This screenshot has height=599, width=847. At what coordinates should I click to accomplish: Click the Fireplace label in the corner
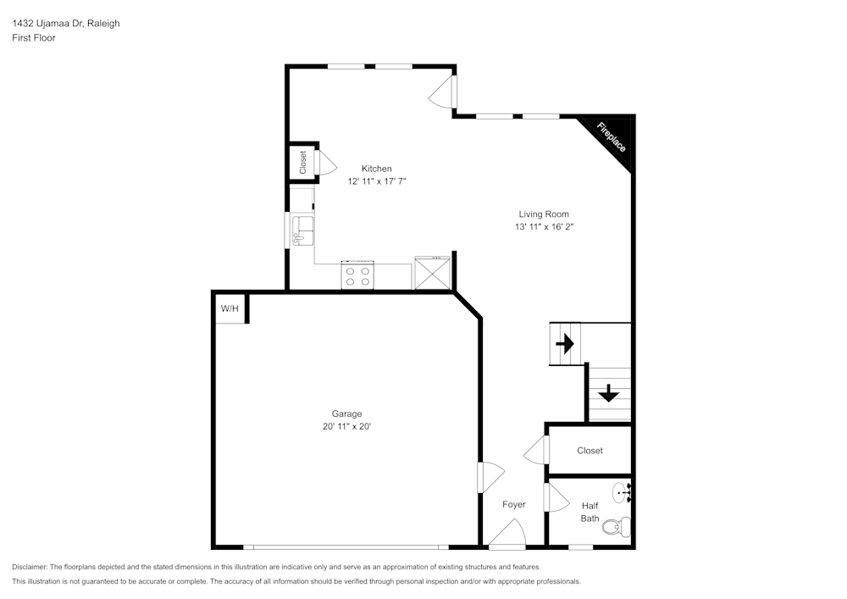(x=611, y=137)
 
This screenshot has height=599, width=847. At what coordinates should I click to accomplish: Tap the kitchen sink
(x=302, y=230)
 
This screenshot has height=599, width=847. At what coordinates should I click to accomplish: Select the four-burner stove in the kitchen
(x=357, y=275)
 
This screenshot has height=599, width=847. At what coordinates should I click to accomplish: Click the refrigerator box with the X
(x=432, y=274)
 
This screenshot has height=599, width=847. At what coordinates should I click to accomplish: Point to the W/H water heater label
(x=230, y=308)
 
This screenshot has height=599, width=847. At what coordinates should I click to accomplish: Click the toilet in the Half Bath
(x=617, y=525)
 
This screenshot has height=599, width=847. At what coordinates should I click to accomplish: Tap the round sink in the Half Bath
(x=622, y=492)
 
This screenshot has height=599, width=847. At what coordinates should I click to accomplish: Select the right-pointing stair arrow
(x=564, y=343)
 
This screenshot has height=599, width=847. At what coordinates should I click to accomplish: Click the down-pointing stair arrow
(x=609, y=393)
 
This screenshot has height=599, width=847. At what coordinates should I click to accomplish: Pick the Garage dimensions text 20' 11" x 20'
(x=346, y=426)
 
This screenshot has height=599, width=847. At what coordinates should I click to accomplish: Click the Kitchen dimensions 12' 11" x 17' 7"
(x=377, y=181)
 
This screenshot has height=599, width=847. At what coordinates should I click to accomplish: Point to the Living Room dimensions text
(x=544, y=227)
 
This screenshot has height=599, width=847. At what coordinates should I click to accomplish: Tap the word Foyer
(x=514, y=504)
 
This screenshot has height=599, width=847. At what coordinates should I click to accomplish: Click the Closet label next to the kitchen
(x=302, y=162)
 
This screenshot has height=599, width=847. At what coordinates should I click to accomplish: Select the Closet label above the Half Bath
(x=590, y=451)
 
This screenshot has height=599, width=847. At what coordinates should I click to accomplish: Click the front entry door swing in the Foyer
(x=507, y=534)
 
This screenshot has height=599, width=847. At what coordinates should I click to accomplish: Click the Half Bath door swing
(x=556, y=497)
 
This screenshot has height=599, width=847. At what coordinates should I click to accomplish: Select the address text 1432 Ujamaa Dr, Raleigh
(x=66, y=23)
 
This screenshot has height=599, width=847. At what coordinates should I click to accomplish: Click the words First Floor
(x=34, y=38)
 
